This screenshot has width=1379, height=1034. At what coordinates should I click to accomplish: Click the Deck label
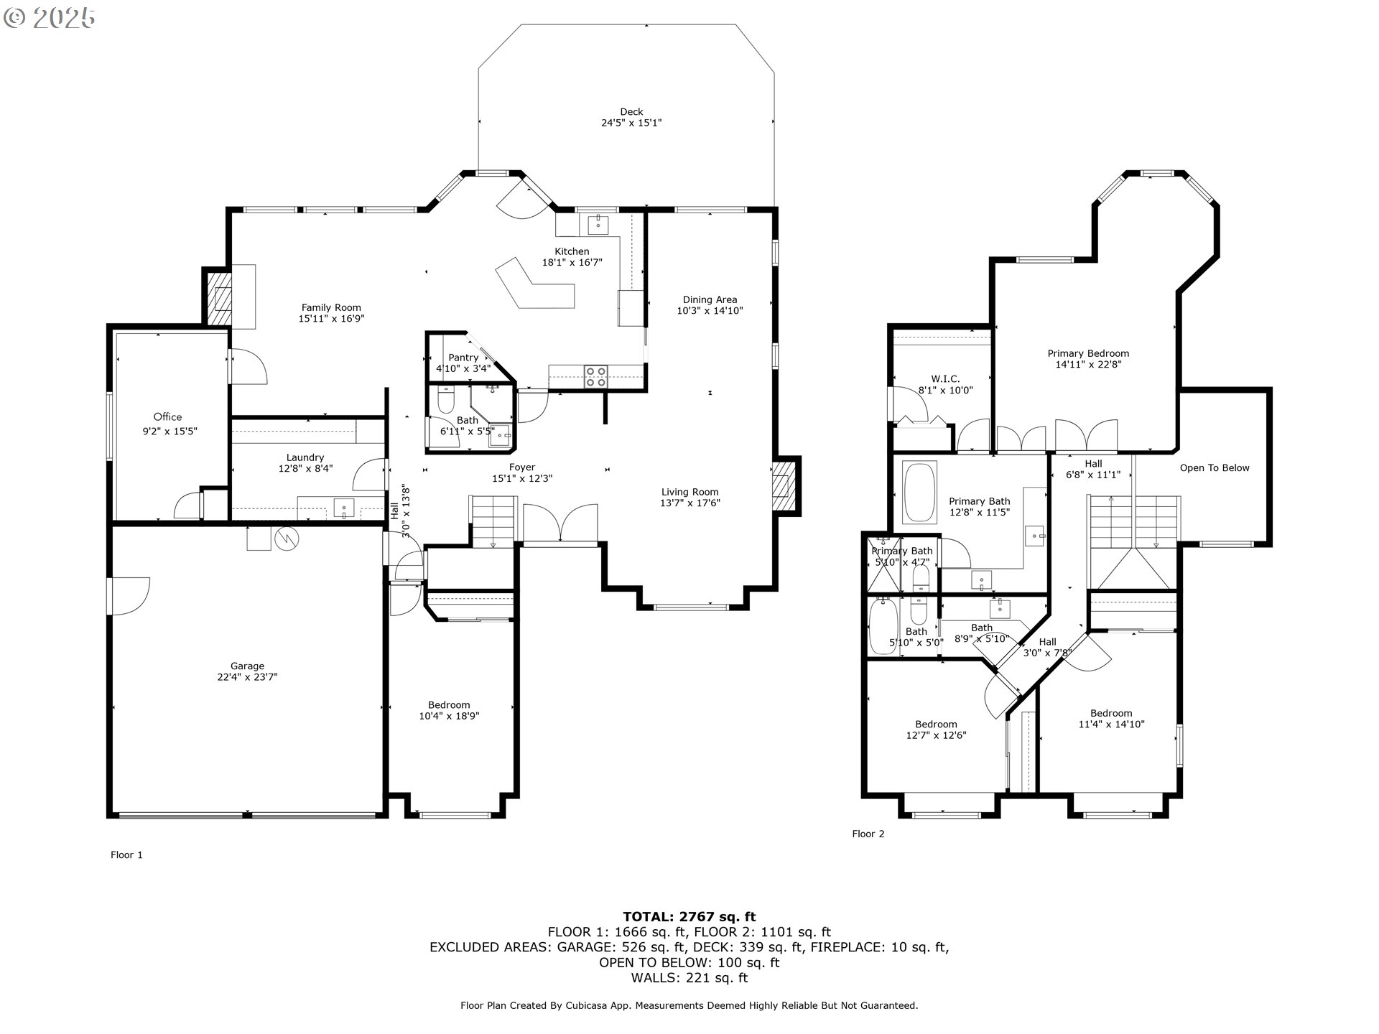click(631, 111)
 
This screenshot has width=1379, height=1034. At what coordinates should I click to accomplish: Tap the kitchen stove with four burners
click(596, 376)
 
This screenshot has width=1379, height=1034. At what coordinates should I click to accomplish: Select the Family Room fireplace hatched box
click(218, 297)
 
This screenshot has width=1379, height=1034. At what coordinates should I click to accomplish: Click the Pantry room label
click(463, 358)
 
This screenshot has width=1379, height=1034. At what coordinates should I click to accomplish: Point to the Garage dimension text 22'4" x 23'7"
click(247, 676)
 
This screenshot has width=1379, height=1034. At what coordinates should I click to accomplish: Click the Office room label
click(167, 416)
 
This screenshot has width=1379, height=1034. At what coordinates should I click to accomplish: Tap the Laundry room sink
click(344, 508)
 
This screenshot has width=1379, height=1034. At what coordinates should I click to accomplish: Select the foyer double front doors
click(561, 523)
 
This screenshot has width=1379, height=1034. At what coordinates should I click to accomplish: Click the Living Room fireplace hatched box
click(786, 486)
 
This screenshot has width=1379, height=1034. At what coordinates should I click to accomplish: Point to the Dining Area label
click(710, 299)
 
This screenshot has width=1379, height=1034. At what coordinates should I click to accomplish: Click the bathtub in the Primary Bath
click(919, 493)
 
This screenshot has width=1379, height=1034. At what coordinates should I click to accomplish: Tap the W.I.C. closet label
click(945, 379)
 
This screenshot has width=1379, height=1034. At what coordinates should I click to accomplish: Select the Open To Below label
click(1215, 467)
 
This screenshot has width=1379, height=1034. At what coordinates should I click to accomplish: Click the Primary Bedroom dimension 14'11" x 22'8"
click(1088, 364)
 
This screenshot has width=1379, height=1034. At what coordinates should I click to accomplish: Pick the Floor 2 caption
click(868, 834)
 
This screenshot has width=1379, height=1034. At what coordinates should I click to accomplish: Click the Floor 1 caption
click(126, 854)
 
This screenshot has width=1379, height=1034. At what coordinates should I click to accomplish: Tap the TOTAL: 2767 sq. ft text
click(689, 916)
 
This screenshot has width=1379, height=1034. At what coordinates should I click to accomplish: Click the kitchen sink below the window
click(598, 225)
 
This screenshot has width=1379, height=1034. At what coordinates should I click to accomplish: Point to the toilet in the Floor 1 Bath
click(446, 399)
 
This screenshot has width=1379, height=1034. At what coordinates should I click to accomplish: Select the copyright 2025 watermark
click(49, 17)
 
